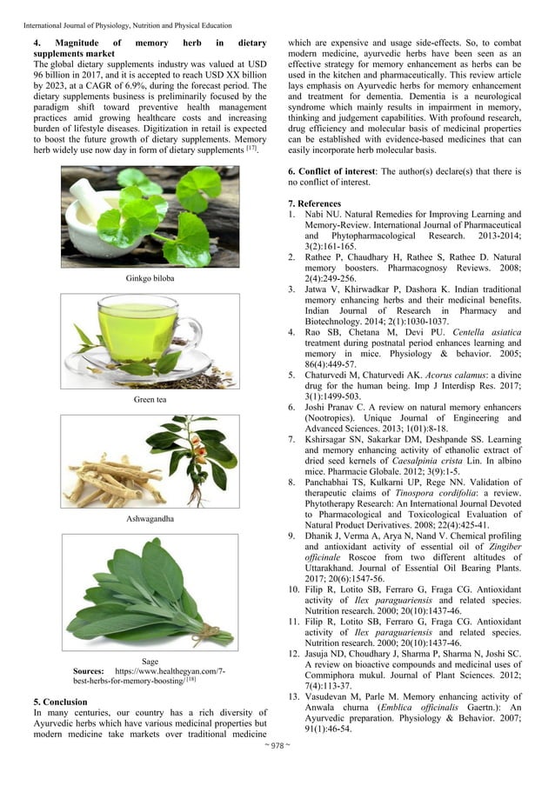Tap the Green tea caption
(150, 399)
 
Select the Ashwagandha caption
(150, 518)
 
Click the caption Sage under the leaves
(150, 662)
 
